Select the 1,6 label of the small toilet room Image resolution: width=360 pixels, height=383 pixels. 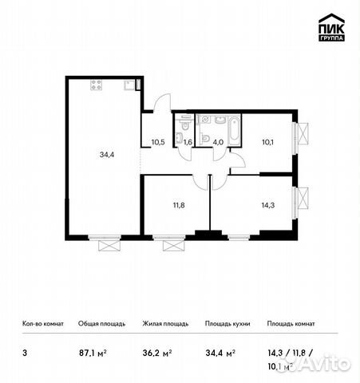pyautogui.click(x=188, y=143)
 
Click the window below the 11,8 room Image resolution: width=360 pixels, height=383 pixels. pyautogui.click(x=168, y=241)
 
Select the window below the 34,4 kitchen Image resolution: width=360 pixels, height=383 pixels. pyautogui.click(x=105, y=241)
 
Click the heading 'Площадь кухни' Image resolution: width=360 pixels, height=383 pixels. pyautogui.click(x=227, y=324)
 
